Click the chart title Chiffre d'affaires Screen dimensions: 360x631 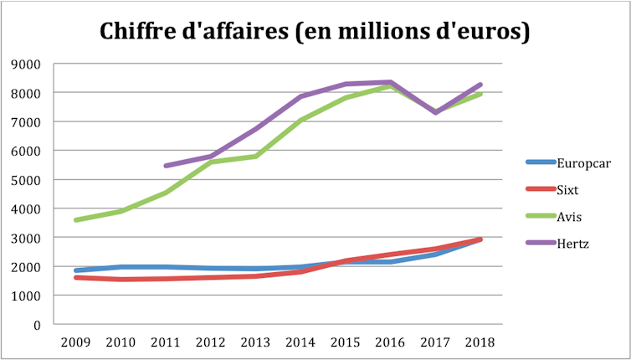coord(315,31)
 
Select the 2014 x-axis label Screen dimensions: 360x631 coord(301,342)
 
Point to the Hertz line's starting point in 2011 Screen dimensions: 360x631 coord(167,166)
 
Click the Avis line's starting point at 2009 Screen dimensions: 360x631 coord(77,220)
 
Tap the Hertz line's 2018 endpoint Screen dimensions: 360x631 coord(480,85)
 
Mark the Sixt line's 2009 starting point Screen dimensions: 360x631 coord(77,277)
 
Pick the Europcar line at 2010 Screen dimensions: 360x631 coord(122,267)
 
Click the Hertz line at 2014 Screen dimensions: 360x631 coord(301,96)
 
